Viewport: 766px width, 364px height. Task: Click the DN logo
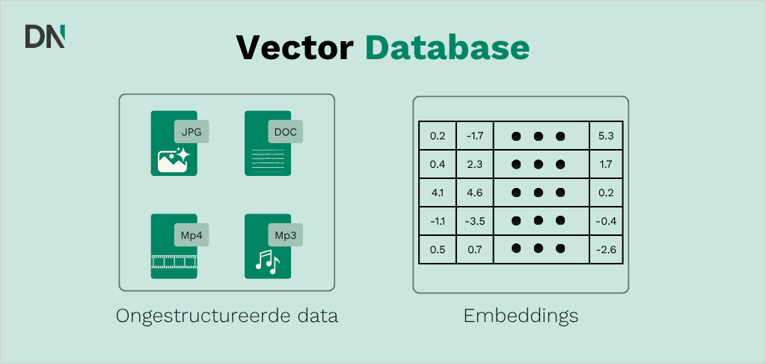[45, 36]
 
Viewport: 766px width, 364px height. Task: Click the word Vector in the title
[295, 47]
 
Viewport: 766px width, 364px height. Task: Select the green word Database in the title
[447, 47]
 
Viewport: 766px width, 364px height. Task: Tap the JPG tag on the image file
[191, 132]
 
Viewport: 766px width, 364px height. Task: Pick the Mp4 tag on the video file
[191, 235]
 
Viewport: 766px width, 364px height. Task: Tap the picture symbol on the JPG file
[174, 160]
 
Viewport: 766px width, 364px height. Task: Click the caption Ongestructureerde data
[227, 316]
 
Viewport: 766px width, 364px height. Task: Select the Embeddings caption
[521, 316]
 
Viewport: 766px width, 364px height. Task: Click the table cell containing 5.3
[606, 136]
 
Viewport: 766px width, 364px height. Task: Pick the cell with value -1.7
[474, 136]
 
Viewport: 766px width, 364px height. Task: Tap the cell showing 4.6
[474, 192]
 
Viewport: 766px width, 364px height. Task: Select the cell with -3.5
[474, 221]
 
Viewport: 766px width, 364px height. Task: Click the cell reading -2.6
[606, 249]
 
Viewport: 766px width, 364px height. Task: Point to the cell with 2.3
[474, 164]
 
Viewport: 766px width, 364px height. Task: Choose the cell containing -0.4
[606, 221]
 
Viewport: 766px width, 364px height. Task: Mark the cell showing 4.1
[438, 192]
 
